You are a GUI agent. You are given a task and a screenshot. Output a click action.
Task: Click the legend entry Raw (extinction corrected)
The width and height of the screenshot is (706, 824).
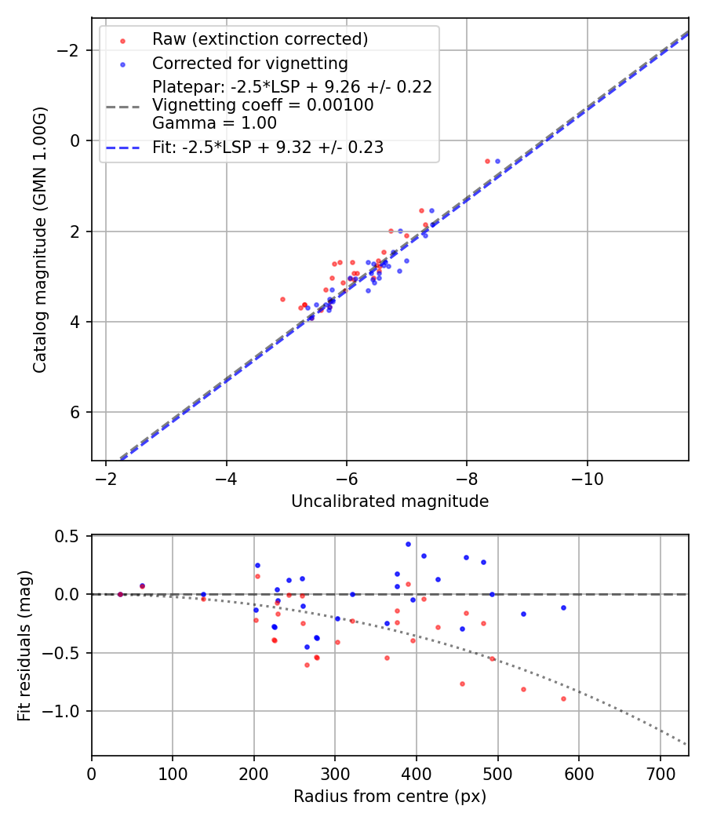pyautogui.click(x=260, y=39)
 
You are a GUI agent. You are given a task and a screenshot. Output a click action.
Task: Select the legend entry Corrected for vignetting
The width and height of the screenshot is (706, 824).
pyautogui.click(x=249, y=63)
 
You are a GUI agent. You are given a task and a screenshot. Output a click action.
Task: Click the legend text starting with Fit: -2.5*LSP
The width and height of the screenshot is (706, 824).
pyautogui.click(x=267, y=148)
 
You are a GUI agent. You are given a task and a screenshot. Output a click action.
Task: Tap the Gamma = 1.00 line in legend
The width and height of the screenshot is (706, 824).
pyautogui.click(x=214, y=122)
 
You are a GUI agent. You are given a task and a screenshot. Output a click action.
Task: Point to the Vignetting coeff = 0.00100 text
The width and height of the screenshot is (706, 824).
pyautogui.click(x=263, y=104)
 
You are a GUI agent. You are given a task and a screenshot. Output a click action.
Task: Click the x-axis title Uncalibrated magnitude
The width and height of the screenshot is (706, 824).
pyautogui.click(x=390, y=501)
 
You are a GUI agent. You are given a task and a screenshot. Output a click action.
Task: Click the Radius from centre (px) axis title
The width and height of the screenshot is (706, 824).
pyautogui.click(x=390, y=797)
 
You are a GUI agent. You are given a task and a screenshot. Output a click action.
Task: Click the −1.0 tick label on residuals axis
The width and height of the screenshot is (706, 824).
pyautogui.click(x=66, y=711)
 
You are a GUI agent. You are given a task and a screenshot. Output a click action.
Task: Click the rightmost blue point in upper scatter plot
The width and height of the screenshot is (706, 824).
pyautogui.click(x=497, y=161)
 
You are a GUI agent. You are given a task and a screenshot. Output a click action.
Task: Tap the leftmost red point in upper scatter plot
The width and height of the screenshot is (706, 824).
pyautogui.click(x=282, y=299)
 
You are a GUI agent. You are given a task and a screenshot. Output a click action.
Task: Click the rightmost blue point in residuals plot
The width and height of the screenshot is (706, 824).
pyautogui.click(x=563, y=607)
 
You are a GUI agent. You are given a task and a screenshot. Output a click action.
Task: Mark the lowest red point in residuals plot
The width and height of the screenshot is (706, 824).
pyautogui.click(x=563, y=698)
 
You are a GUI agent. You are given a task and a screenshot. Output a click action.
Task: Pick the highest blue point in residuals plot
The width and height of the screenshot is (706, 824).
pyautogui.click(x=408, y=544)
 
